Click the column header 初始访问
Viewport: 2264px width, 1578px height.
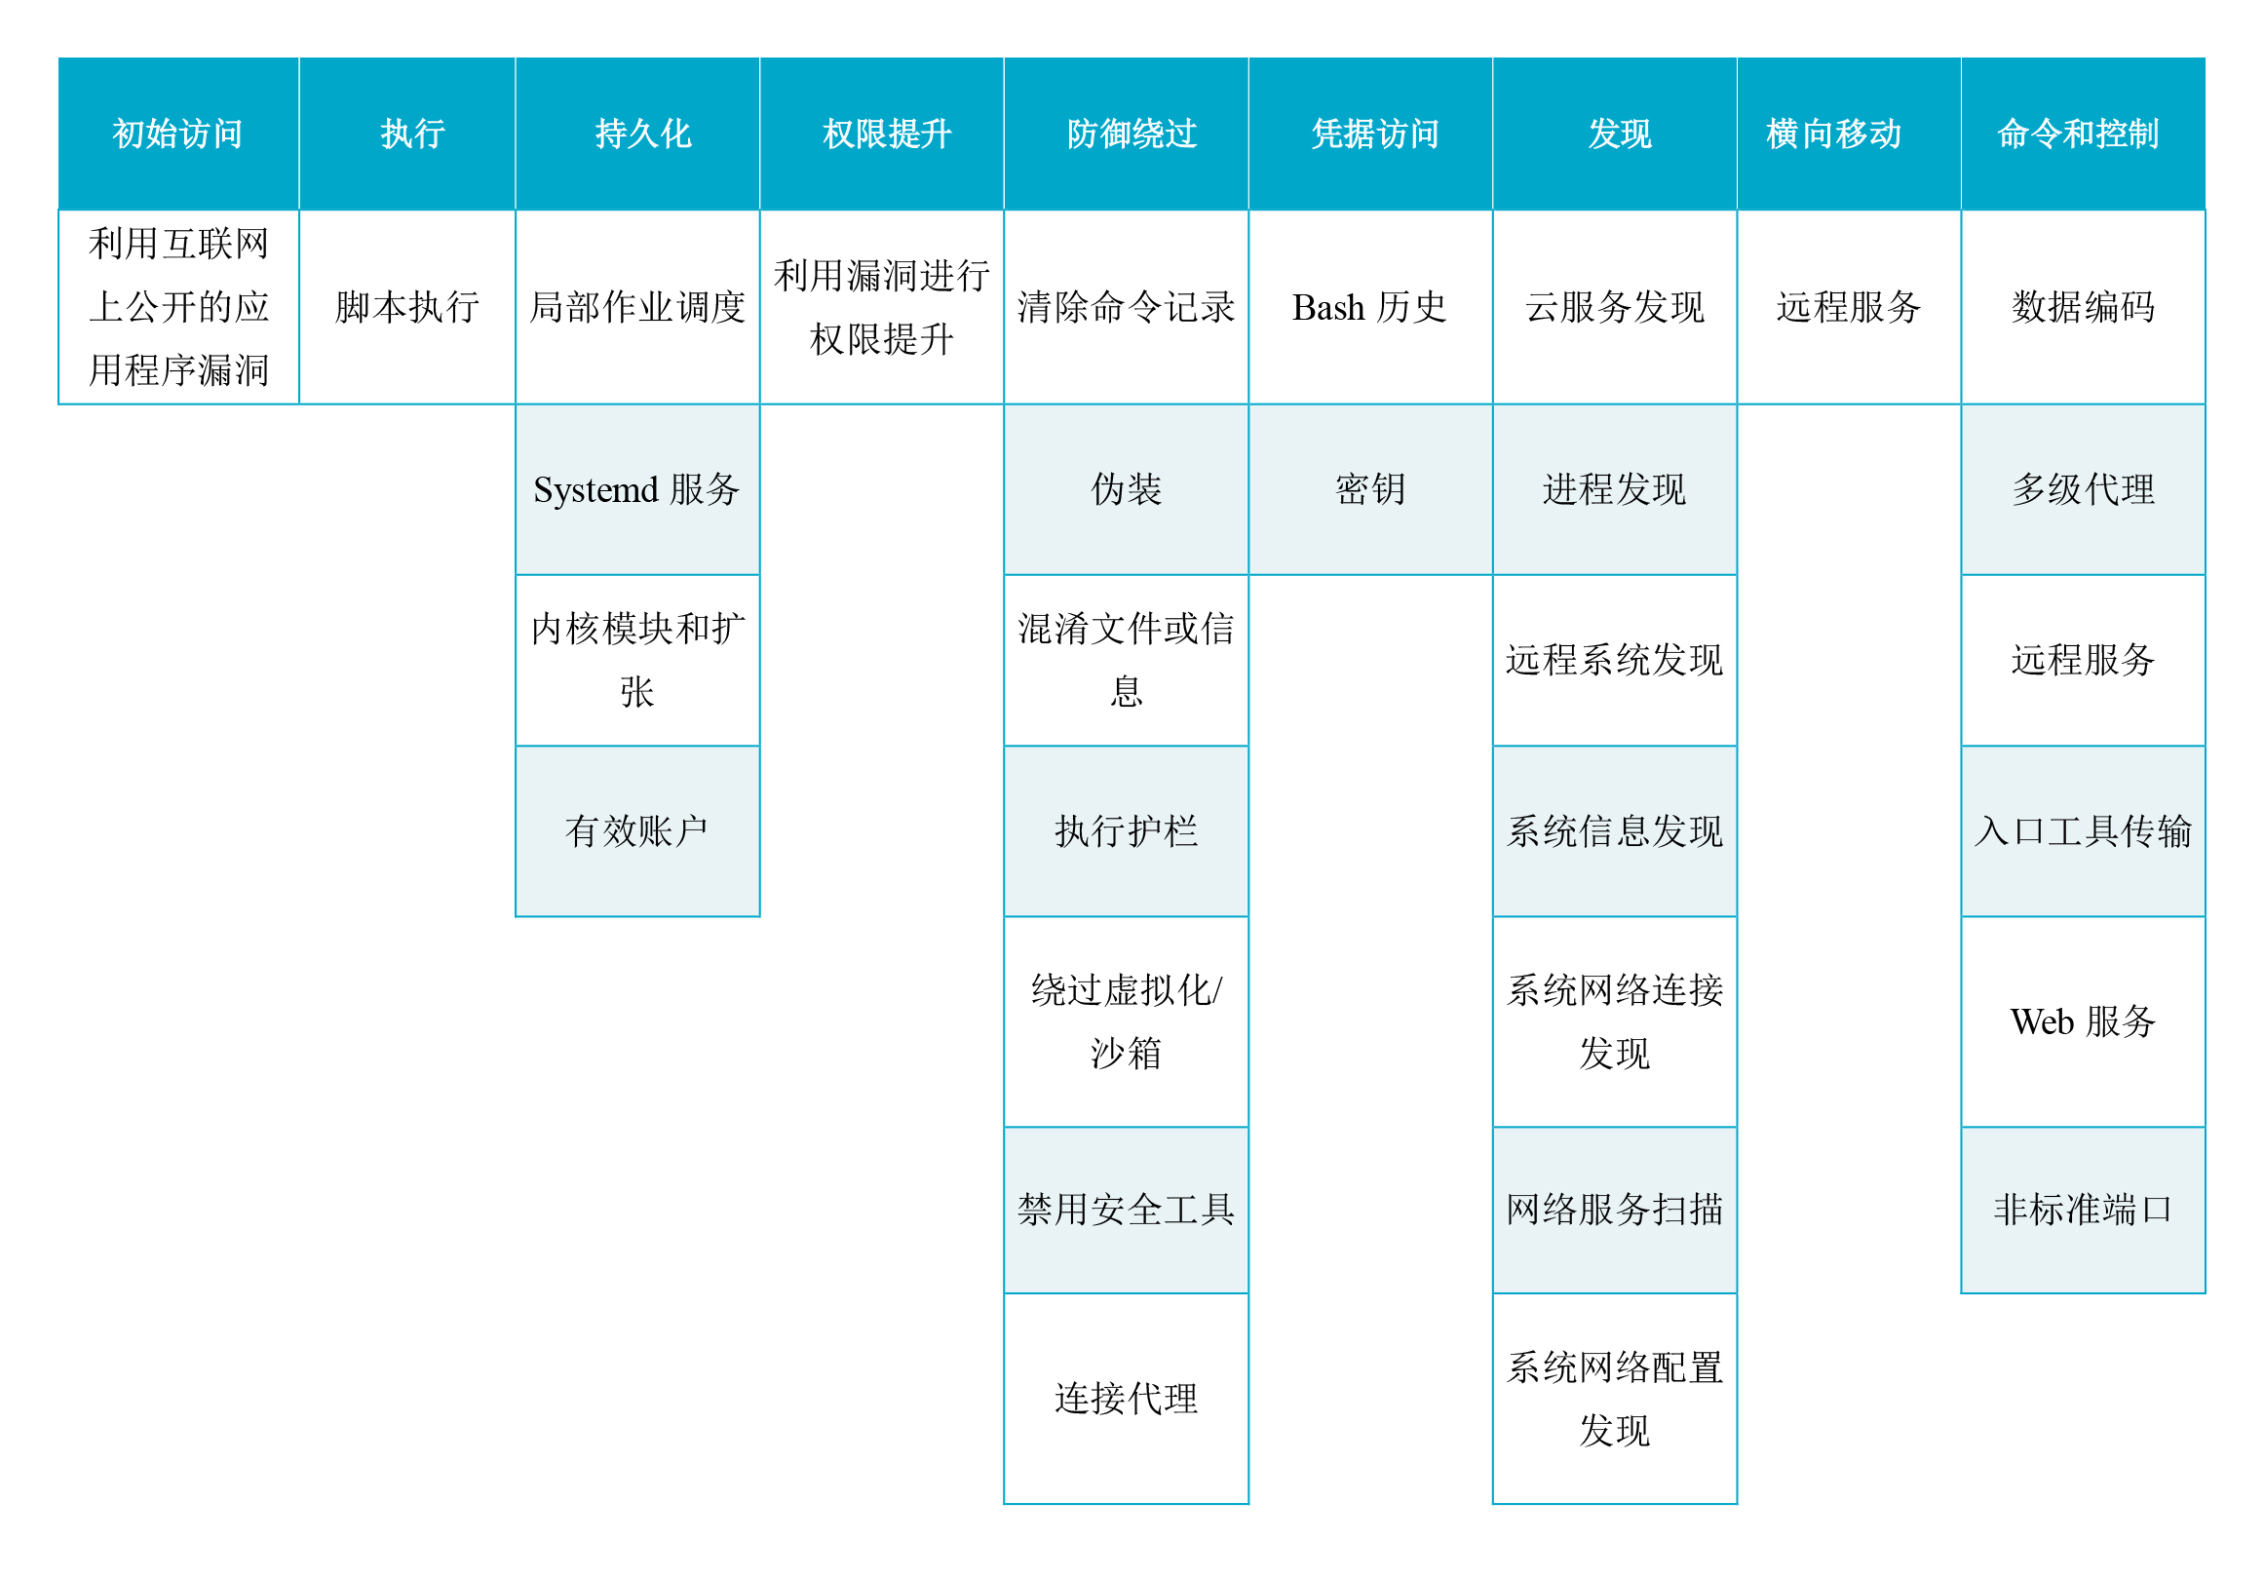point(178,135)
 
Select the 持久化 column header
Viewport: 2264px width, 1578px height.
point(638,135)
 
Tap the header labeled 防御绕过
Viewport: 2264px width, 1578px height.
point(1126,135)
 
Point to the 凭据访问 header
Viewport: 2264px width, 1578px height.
point(1370,135)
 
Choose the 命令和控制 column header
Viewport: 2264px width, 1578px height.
point(2084,135)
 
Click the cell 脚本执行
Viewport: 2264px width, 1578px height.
point(407,308)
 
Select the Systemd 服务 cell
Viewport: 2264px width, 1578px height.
point(638,490)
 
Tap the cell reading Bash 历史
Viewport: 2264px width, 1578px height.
point(1370,308)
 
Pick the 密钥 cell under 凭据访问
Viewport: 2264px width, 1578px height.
point(1370,490)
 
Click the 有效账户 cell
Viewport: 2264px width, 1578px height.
point(638,831)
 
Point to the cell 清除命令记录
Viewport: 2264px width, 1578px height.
point(1126,308)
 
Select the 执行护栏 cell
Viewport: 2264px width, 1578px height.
point(1126,831)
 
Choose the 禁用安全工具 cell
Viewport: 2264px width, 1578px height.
point(1126,1211)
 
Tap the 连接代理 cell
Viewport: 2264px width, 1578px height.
point(1126,1400)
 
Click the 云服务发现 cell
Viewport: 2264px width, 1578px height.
point(1615,308)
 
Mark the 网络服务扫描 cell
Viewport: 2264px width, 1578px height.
point(1615,1211)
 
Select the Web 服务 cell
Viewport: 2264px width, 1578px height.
point(2084,1021)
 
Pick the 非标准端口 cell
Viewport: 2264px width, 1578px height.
point(2084,1211)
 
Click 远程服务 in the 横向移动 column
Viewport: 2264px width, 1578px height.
point(1849,308)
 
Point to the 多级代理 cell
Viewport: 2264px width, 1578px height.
point(2084,490)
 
